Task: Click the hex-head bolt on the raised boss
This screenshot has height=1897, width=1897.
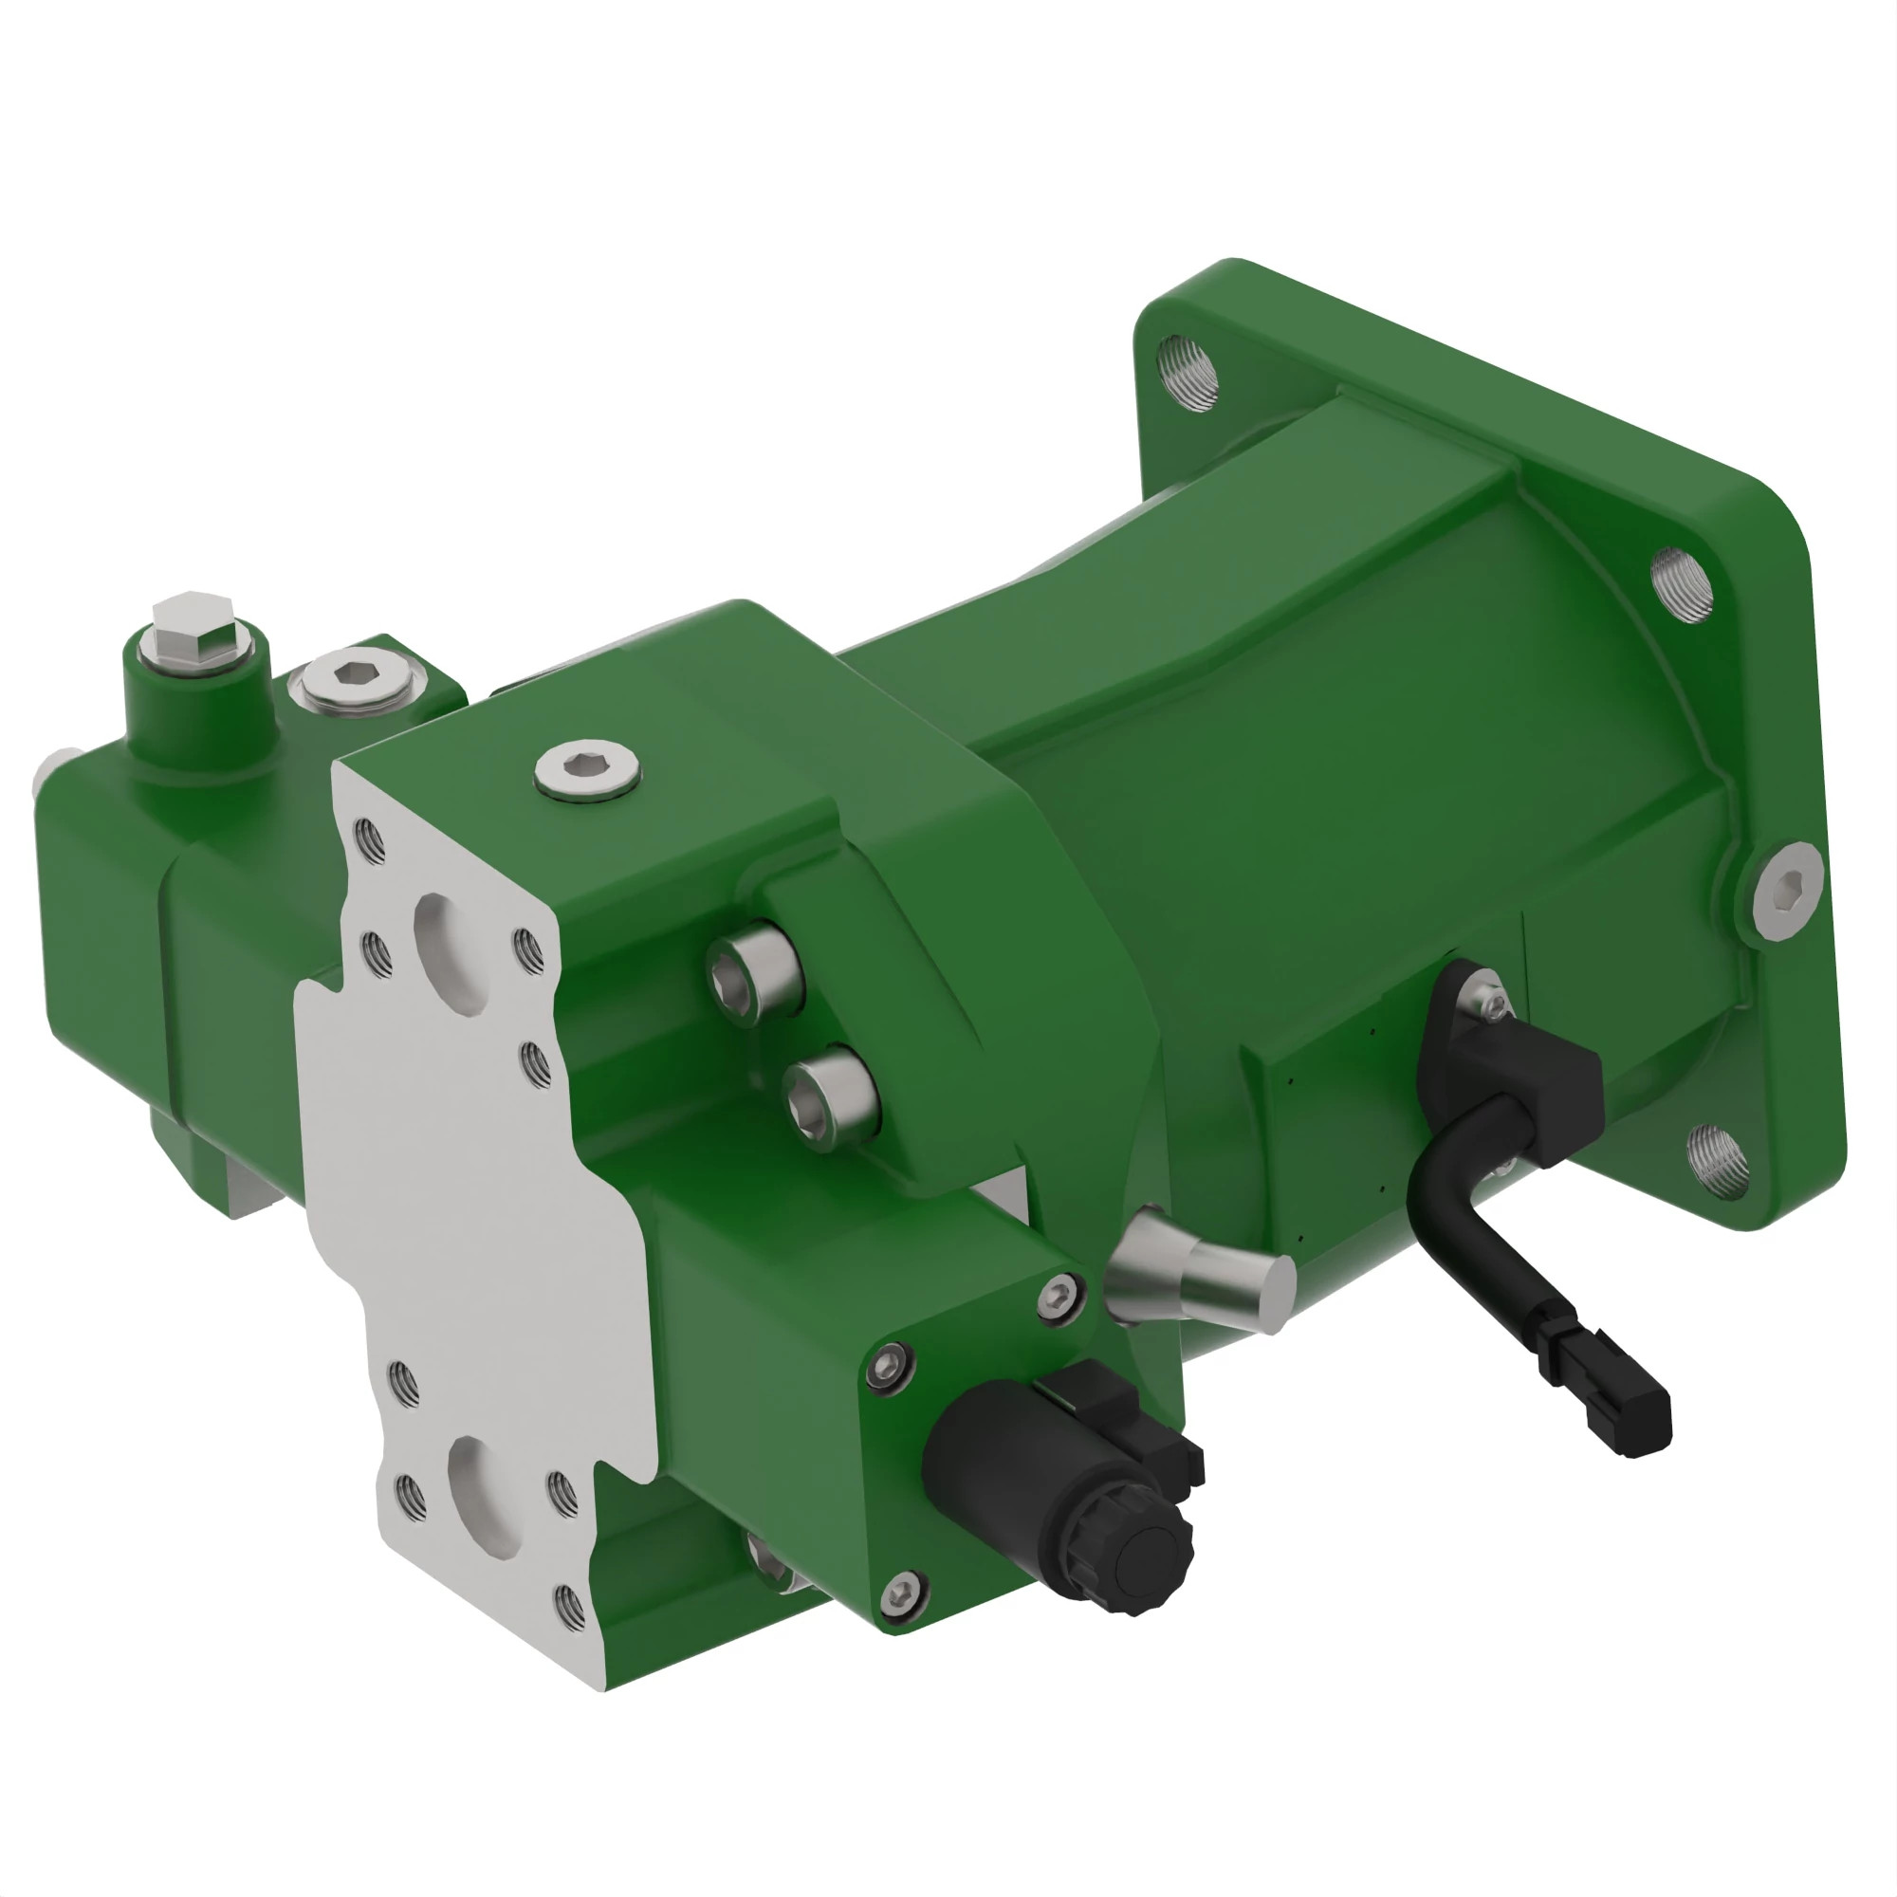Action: pyautogui.click(x=193, y=629)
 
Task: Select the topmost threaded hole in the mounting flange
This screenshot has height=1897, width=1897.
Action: pyautogui.click(x=1188, y=372)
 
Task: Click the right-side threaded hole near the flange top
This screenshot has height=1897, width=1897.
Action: pyautogui.click(x=1682, y=585)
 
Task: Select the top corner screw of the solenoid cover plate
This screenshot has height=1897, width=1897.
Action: pyautogui.click(x=1059, y=1295)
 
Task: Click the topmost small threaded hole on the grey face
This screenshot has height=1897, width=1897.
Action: pyautogui.click(x=369, y=839)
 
